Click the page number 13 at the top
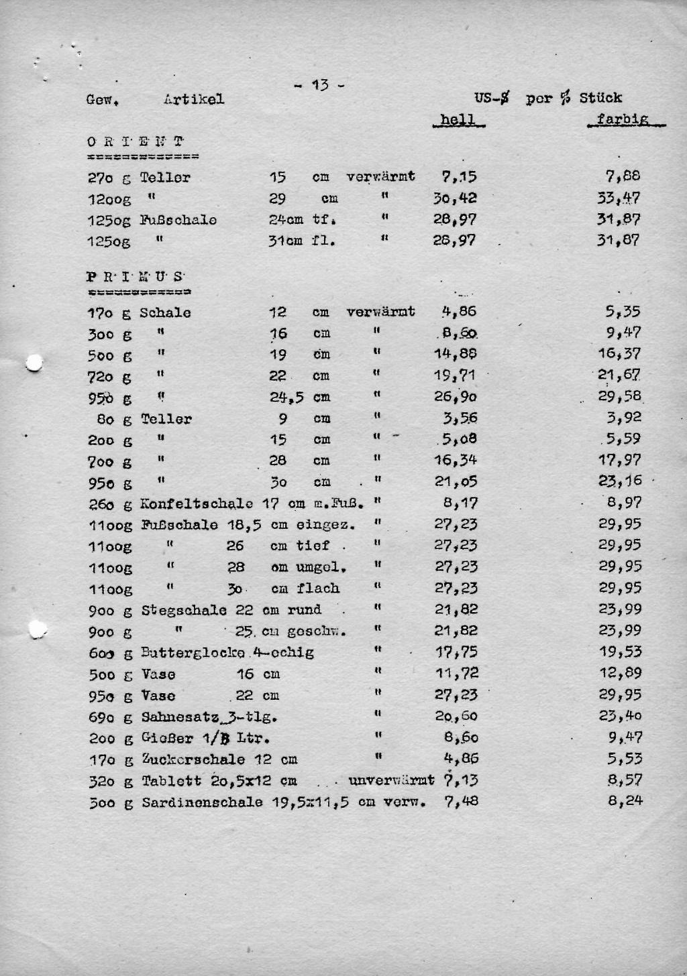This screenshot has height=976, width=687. click(x=320, y=85)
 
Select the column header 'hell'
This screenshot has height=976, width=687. click(x=458, y=120)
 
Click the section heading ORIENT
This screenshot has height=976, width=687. click(x=136, y=142)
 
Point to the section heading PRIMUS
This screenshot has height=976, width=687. click(x=136, y=277)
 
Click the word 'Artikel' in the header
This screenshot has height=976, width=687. click(x=193, y=100)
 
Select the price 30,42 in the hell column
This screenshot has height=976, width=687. click(x=455, y=198)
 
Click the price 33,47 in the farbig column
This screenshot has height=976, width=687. click(x=619, y=198)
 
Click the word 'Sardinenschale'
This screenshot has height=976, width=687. click(x=202, y=802)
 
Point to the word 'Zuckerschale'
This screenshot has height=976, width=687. click(x=193, y=759)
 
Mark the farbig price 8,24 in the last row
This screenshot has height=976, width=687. click(x=625, y=800)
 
